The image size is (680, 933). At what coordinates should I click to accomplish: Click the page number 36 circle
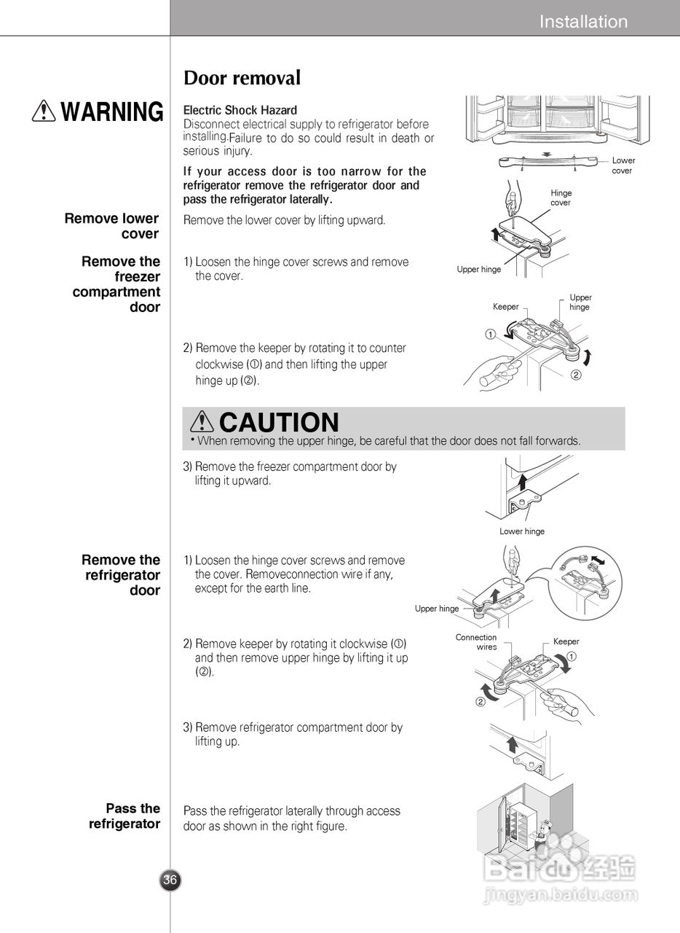point(170,880)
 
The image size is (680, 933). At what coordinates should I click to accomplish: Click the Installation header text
point(583,22)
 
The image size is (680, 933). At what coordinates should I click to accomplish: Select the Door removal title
point(242,78)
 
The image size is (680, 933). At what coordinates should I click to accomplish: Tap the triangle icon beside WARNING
point(45,111)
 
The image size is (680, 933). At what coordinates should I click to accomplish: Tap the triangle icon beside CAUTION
point(201,422)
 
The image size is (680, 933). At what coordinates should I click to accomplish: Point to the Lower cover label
point(622,165)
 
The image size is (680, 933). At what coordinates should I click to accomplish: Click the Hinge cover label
point(561,198)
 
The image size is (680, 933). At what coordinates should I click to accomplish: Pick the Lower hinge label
point(521,531)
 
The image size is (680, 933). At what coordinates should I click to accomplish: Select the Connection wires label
point(477,642)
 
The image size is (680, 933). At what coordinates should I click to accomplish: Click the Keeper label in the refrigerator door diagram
point(566,641)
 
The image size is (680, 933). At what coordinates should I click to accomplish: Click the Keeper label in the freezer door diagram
point(505,307)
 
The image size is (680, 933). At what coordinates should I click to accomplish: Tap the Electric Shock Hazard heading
point(240,110)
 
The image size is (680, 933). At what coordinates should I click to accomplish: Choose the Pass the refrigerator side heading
point(124,816)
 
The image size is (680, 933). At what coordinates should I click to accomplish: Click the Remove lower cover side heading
point(111,226)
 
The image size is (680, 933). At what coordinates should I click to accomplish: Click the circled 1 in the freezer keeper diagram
point(491,335)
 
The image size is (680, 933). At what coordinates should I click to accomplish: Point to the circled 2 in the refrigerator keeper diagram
point(481,702)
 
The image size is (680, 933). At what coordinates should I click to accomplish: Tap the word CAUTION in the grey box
point(279,422)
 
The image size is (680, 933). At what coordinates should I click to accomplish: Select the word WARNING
point(112,112)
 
